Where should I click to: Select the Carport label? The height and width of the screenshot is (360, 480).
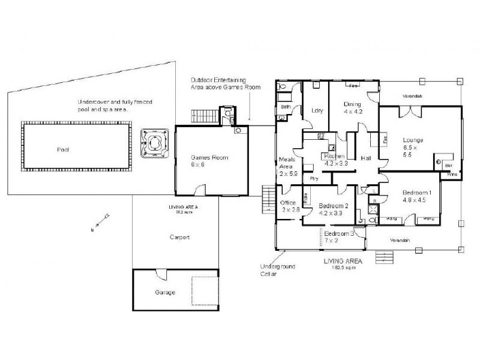(x=179, y=238)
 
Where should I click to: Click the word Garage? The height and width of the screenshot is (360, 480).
(x=164, y=292)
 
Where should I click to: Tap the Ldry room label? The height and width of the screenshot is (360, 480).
(x=318, y=110)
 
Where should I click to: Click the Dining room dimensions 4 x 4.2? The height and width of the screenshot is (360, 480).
(x=353, y=112)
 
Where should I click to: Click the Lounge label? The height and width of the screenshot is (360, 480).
(x=413, y=139)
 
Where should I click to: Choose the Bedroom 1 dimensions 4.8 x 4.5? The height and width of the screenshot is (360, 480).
(x=414, y=200)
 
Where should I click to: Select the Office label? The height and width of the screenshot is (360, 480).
(x=289, y=203)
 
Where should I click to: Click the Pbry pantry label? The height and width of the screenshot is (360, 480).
(x=313, y=178)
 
